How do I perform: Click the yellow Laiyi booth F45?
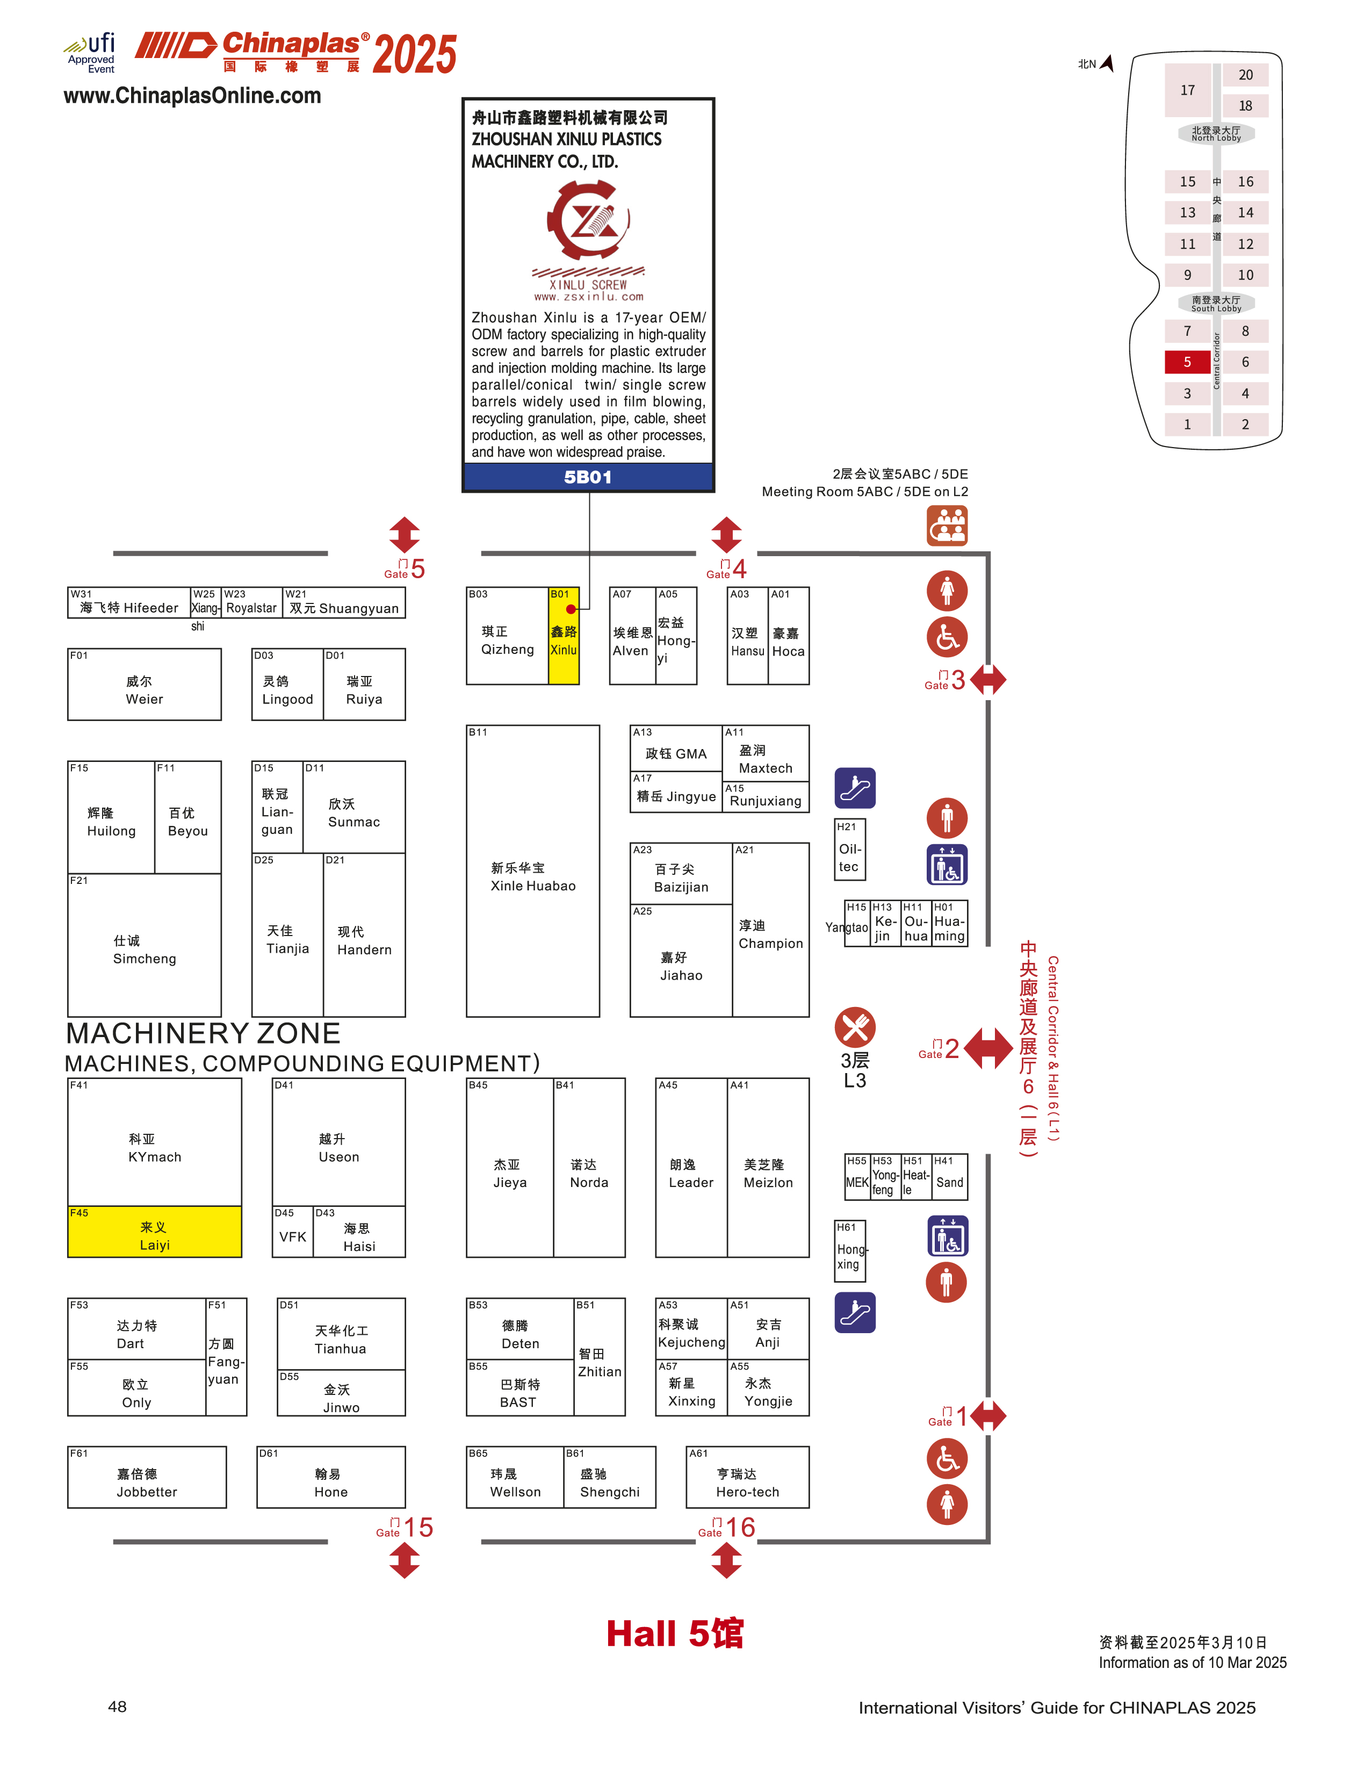point(154,1231)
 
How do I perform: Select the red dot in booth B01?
point(571,609)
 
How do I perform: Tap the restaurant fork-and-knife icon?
point(855,1027)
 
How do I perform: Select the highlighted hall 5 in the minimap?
point(1187,362)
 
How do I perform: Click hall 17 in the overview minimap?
point(1188,90)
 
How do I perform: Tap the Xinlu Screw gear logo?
point(588,220)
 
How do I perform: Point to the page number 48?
point(117,1707)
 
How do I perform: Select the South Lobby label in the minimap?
point(1216,304)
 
